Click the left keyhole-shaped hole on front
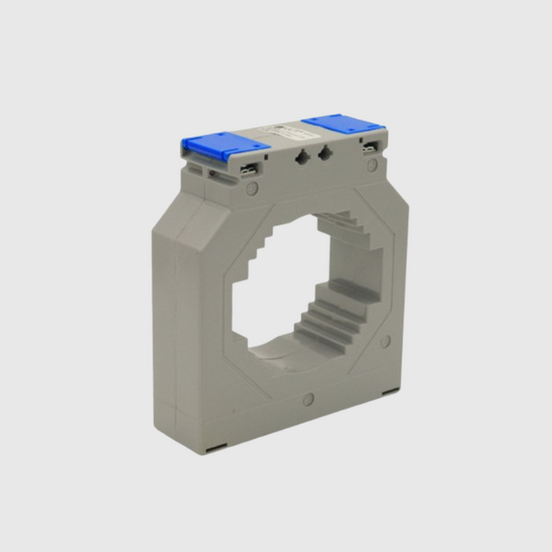point(302,157)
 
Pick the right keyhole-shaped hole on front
point(324,154)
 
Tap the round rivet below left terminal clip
point(251,189)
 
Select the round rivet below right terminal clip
point(372,167)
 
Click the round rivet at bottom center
point(308,399)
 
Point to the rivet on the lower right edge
point(385,341)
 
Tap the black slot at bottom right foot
point(390,390)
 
